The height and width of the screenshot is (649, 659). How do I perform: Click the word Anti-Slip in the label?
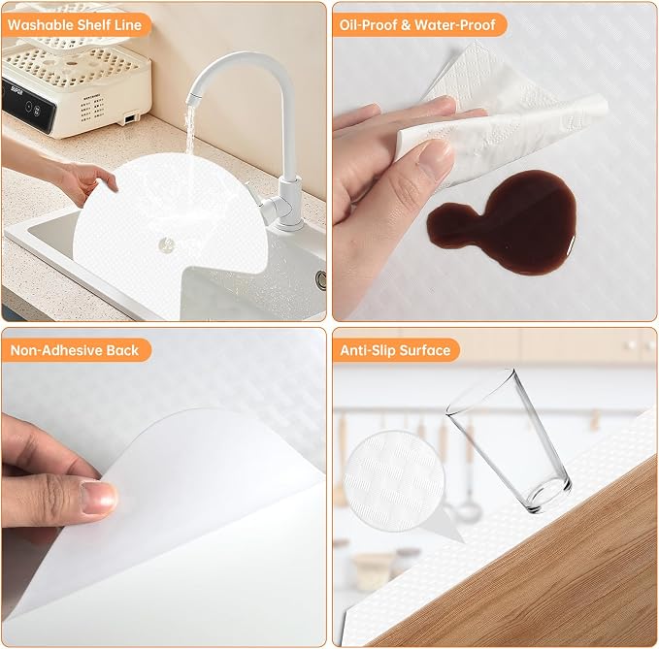click(365, 350)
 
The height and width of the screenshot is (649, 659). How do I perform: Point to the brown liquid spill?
click(505, 222)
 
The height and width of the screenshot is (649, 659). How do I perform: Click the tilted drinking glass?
click(509, 441)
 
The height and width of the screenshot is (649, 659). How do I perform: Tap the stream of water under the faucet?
click(190, 130)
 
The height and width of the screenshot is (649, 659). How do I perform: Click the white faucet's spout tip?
click(191, 101)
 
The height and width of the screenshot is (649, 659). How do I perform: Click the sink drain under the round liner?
click(167, 244)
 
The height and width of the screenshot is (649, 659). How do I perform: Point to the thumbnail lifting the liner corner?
click(99, 498)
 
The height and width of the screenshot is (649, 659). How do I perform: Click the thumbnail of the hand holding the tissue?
click(436, 158)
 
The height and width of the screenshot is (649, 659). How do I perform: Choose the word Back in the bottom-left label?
click(122, 350)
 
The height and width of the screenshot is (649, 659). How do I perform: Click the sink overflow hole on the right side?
click(322, 280)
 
